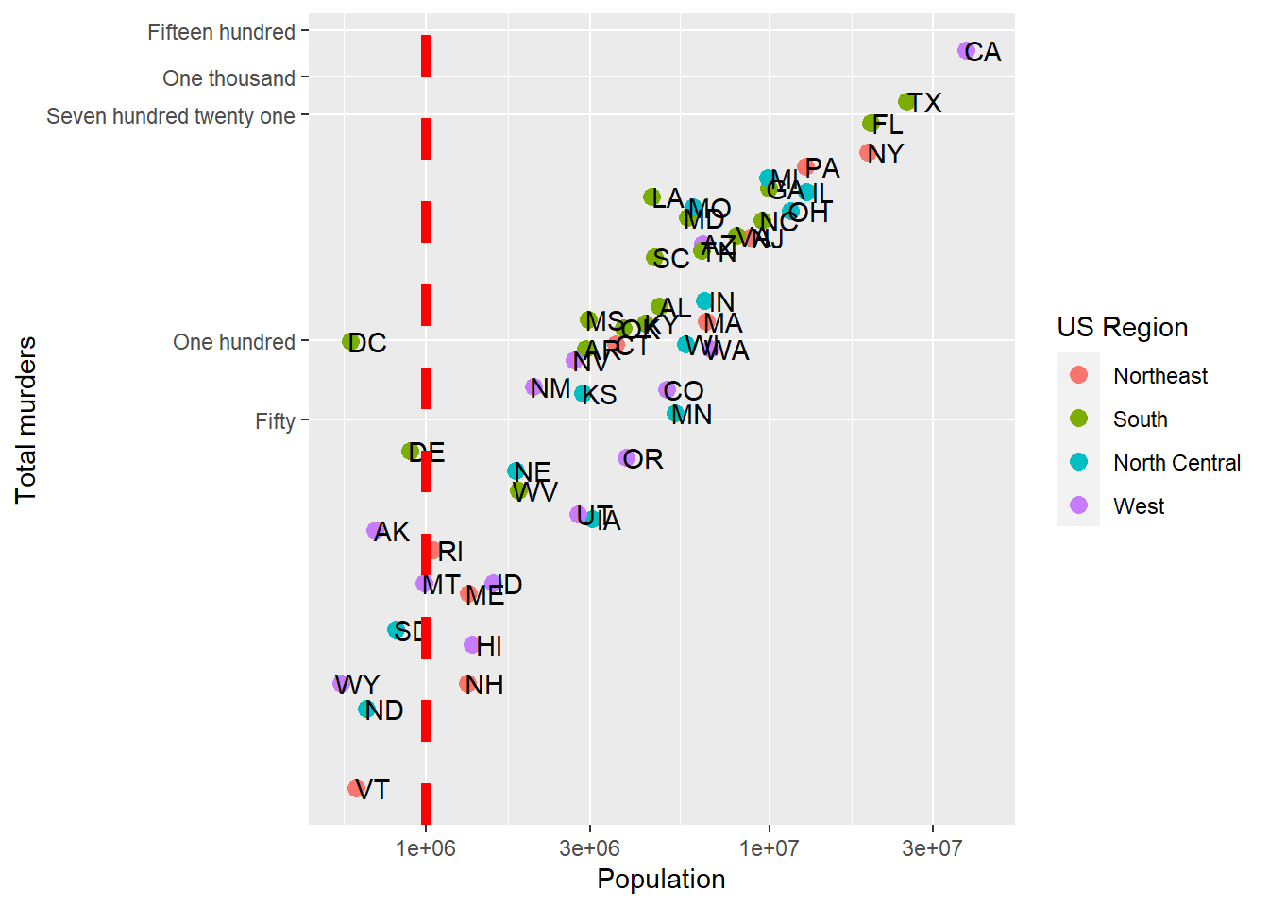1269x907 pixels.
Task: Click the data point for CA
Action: coord(966,51)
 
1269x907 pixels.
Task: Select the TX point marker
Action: coord(906,102)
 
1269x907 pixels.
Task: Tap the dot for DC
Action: coord(350,342)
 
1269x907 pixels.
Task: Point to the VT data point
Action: coord(356,788)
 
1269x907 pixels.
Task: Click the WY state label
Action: coord(359,684)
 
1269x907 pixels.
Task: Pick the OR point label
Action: coord(643,459)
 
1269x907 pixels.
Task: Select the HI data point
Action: coord(472,645)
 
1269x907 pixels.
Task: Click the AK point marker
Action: coord(375,531)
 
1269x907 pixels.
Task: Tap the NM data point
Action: coord(534,387)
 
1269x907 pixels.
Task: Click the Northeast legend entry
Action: coord(1160,376)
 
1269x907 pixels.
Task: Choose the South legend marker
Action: coord(1079,419)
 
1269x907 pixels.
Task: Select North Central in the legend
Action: coord(1176,463)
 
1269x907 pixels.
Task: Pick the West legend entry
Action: coord(1139,506)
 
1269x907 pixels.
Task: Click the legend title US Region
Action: coord(1122,327)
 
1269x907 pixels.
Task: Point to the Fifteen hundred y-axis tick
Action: coord(221,32)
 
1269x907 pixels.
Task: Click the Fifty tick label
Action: coord(275,421)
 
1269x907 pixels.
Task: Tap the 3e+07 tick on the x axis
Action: coord(932,847)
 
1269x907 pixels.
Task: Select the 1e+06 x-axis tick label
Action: coord(426,847)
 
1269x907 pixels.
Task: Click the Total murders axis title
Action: coord(25,419)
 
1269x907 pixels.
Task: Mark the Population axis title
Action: coord(661,879)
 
